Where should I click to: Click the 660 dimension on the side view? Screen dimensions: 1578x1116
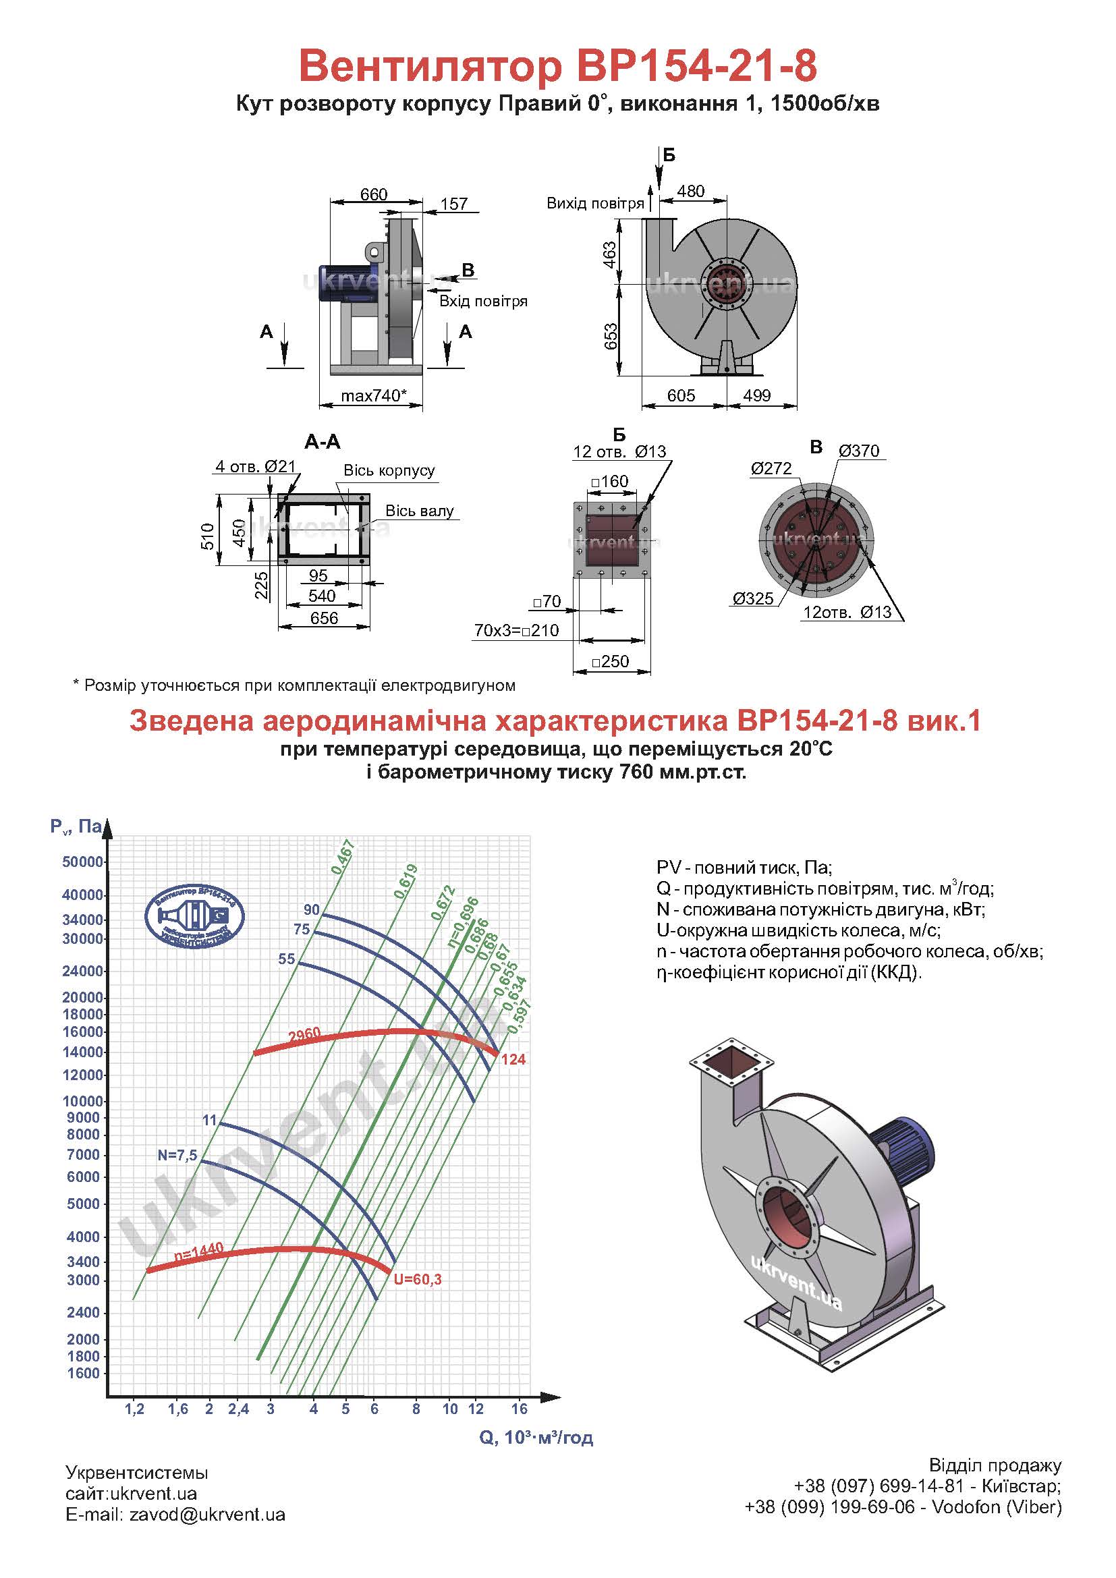click(374, 194)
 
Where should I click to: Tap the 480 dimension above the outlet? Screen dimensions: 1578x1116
click(690, 192)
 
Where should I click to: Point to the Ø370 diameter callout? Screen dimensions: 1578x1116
click(858, 451)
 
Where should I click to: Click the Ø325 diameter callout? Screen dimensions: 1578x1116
click(753, 598)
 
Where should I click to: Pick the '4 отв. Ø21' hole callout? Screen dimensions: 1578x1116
click(255, 466)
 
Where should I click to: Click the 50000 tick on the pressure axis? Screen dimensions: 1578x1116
click(82, 862)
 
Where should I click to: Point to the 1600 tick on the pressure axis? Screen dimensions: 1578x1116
click(83, 1373)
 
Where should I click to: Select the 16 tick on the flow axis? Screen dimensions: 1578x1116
click(519, 1408)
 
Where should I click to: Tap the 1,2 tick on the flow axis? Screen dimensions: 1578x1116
click(135, 1408)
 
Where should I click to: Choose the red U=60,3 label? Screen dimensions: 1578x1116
click(417, 1279)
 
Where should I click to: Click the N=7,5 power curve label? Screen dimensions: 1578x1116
click(177, 1155)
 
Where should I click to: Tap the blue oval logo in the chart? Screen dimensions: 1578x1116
click(195, 916)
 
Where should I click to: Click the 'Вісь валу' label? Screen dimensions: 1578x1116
click(419, 511)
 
